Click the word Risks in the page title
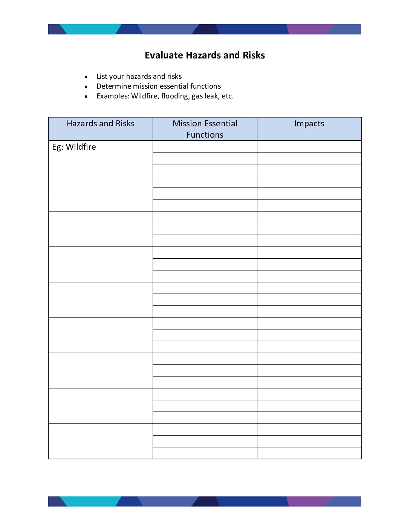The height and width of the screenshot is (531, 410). pyautogui.click(x=254, y=55)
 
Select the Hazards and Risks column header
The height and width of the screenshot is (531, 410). pyautogui.click(x=100, y=124)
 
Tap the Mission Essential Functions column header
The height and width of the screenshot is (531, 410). pyautogui.click(x=205, y=129)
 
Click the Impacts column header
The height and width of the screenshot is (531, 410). pyautogui.click(x=309, y=124)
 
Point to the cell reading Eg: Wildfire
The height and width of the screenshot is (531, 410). pyautogui.click(x=74, y=147)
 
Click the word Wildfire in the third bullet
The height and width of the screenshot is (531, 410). pyautogui.click(x=144, y=96)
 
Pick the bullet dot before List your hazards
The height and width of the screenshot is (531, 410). pyautogui.click(x=86, y=77)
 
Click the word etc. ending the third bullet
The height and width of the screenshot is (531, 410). pyautogui.click(x=228, y=96)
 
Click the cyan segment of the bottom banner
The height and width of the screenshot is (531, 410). pyautogui.click(x=90, y=501)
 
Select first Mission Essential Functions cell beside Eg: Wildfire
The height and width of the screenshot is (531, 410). pyautogui.click(x=205, y=147)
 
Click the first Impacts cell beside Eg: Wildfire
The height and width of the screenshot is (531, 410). pyautogui.click(x=309, y=147)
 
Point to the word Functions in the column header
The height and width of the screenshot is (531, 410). pyautogui.click(x=205, y=135)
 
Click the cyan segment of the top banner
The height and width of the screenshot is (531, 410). pyautogui.click(x=90, y=29)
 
